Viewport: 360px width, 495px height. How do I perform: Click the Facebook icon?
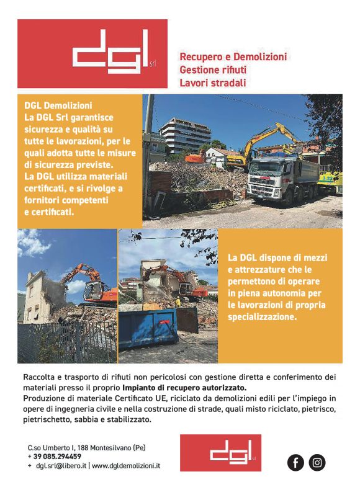[296, 462]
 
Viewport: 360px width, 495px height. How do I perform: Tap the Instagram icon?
[317, 462]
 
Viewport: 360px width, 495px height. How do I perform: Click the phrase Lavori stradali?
[213, 82]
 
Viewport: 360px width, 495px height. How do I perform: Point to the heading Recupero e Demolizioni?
[233, 56]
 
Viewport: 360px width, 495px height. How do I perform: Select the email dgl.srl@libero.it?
[61, 465]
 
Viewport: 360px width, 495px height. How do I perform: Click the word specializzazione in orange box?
[261, 316]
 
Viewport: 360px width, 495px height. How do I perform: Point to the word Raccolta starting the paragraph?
[39, 377]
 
